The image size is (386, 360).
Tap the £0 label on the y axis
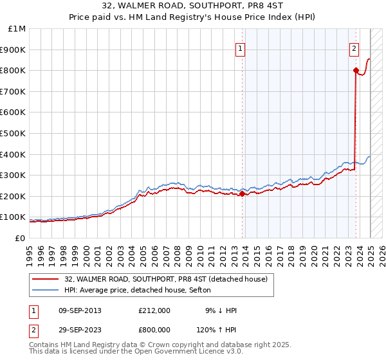point(21,238)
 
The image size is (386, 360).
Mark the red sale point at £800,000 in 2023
point(356,71)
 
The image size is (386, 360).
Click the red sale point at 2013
point(242,194)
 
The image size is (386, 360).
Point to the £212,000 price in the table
point(154,310)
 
